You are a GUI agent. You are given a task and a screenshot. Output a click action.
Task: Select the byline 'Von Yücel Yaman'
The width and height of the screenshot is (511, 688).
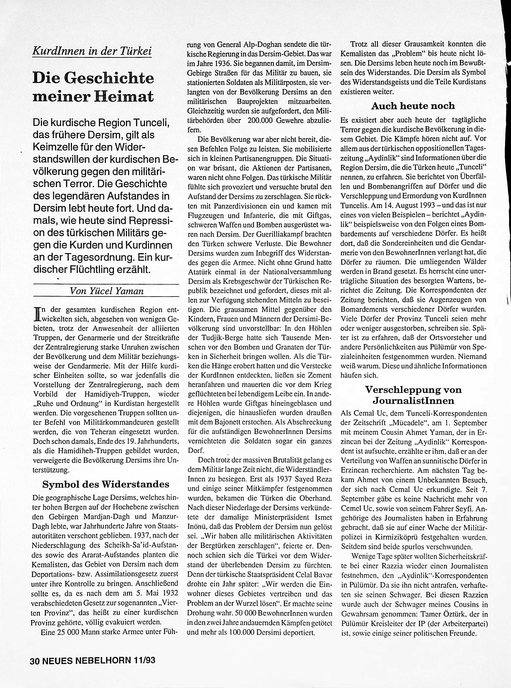(107, 291)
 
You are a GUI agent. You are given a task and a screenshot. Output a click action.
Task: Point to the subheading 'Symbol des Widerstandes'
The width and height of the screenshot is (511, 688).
(105, 484)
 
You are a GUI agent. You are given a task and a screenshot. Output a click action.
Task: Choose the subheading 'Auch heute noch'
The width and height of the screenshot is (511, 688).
(413, 106)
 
